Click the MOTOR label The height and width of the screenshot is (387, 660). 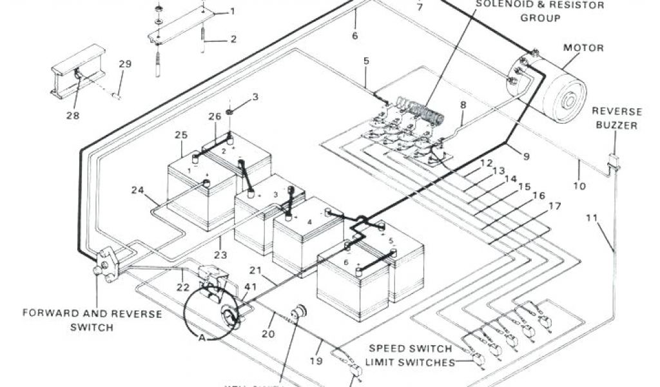click(583, 48)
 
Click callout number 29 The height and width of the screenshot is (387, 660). click(124, 64)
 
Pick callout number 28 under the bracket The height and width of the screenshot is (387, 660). click(72, 115)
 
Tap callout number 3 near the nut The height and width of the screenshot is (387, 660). click(255, 97)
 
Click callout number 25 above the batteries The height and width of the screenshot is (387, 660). click(181, 135)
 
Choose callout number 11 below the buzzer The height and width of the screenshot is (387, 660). click(592, 217)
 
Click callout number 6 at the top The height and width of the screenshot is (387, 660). click(354, 35)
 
